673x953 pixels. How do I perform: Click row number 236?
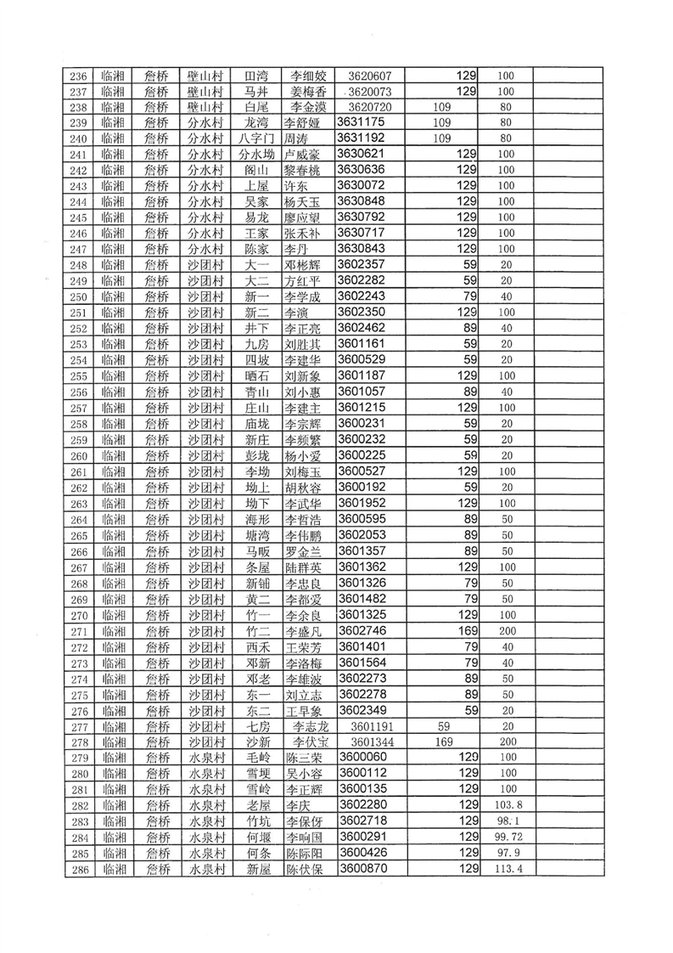tap(79, 76)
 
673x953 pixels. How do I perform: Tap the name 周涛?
tap(295, 138)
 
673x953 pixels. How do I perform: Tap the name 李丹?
tap(295, 249)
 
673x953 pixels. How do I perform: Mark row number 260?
tap(79, 456)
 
